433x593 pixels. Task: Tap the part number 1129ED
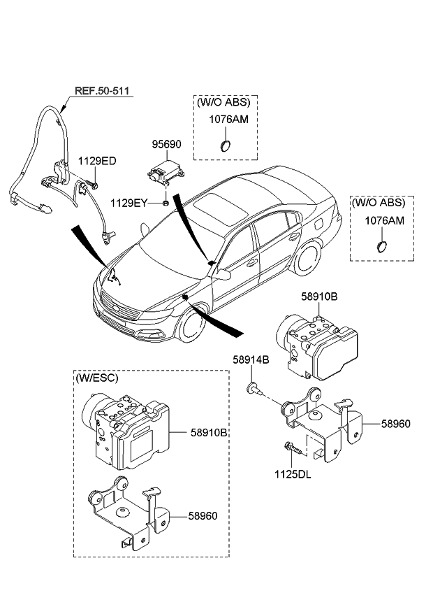tap(96, 161)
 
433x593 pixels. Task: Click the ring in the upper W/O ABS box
tap(225, 146)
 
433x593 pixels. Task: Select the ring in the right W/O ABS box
tap(382, 246)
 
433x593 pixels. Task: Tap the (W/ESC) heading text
tap(96, 378)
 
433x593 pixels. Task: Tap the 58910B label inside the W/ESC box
tap(209, 433)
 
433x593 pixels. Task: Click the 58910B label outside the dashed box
tap(319, 297)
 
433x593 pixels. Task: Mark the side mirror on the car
tap(222, 275)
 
